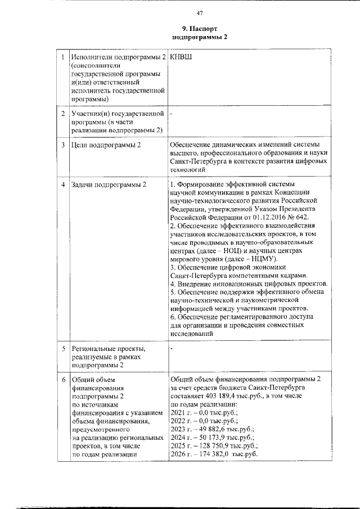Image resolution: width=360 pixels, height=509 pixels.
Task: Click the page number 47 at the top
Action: click(x=199, y=13)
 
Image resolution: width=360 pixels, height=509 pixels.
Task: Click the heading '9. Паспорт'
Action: click(x=199, y=28)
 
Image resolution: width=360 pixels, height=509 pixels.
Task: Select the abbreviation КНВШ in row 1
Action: click(x=181, y=57)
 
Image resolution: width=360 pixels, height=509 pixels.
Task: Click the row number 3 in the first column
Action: click(x=63, y=145)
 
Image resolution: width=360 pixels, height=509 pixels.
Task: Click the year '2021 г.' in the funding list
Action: click(x=180, y=413)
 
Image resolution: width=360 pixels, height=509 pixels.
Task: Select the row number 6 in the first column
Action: click(x=63, y=380)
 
